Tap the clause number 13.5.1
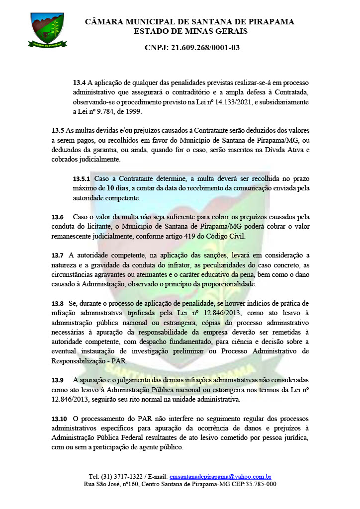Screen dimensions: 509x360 pyautogui.click(x=81, y=178)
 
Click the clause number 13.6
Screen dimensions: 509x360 pyautogui.click(x=58, y=217)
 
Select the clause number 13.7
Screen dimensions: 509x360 pyautogui.click(x=58, y=255)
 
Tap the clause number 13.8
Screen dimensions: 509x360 pyautogui.click(x=58, y=303)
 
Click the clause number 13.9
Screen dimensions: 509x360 pyautogui.click(x=58, y=380)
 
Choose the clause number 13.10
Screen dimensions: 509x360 pyautogui.click(x=60, y=418)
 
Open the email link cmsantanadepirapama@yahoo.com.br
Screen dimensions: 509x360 pyautogui.click(x=220, y=476)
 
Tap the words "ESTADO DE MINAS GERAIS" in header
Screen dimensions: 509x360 pyautogui.click(x=190, y=31)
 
